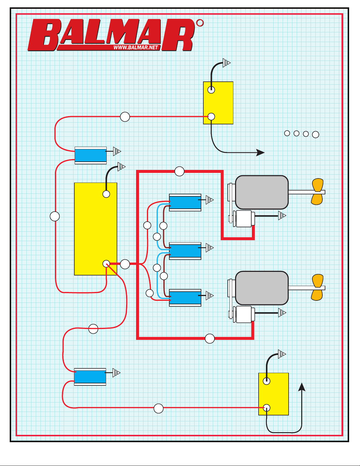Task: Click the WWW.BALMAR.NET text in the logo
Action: click(136, 48)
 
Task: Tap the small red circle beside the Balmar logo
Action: click(200, 23)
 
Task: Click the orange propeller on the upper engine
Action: click(317, 191)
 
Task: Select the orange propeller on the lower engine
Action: click(317, 287)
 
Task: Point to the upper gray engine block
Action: click(262, 192)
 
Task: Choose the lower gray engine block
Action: click(262, 288)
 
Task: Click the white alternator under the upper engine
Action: click(244, 219)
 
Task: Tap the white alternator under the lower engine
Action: click(244, 315)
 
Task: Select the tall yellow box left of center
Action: click(96, 229)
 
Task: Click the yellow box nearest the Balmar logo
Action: click(218, 103)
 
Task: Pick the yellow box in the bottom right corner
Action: click(273, 394)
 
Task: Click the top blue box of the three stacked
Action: click(185, 203)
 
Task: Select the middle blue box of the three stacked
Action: click(185, 251)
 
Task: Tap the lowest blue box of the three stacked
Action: click(185, 298)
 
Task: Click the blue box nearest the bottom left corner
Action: click(90, 377)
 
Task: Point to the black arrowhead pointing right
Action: click(260, 153)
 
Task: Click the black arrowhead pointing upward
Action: click(302, 387)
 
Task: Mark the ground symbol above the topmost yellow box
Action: click(226, 63)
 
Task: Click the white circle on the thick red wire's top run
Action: click(179, 171)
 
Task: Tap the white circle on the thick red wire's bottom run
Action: click(210, 339)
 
